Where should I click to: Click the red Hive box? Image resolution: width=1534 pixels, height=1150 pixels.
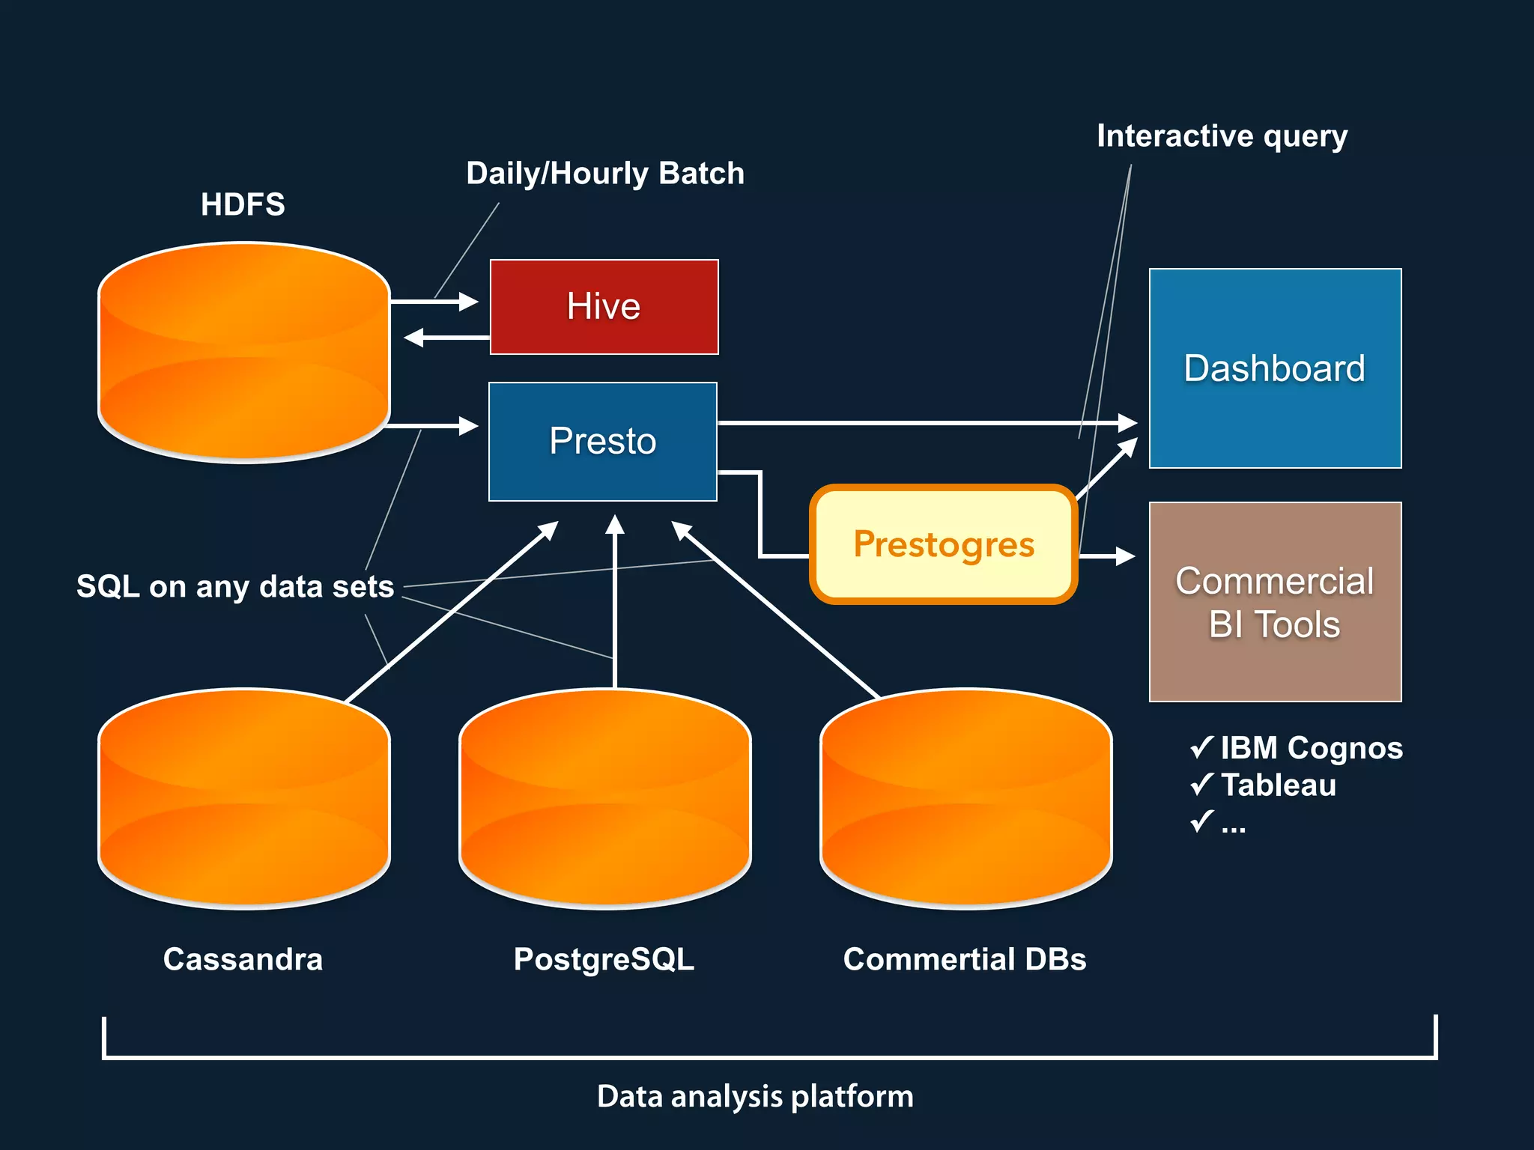[x=604, y=307]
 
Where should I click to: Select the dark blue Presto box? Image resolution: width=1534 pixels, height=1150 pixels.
[x=602, y=441]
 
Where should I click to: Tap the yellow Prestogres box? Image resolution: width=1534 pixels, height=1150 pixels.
[x=943, y=544]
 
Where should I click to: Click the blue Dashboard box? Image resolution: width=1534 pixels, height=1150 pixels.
[x=1275, y=368]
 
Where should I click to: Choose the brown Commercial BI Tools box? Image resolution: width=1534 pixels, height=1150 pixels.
[x=1275, y=602]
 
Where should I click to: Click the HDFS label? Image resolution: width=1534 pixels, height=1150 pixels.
[x=243, y=204]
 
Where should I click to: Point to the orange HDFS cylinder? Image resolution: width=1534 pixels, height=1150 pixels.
[x=244, y=352]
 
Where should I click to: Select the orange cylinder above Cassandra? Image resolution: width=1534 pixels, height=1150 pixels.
[x=244, y=798]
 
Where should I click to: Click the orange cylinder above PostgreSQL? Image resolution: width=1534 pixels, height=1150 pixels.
[x=605, y=798]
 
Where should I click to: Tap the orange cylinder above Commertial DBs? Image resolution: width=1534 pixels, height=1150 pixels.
[x=966, y=798]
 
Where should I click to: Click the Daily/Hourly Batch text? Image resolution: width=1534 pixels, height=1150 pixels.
[x=605, y=174]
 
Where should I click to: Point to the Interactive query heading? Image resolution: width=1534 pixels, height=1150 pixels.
[x=1222, y=136]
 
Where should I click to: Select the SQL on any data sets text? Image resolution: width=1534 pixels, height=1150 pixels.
[x=235, y=586]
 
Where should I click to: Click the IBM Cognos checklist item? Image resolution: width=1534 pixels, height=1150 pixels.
[x=1311, y=748]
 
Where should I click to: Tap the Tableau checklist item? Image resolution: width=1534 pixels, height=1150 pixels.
[x=1278, y=785]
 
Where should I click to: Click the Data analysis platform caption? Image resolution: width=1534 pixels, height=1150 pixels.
[x=755, y=1096]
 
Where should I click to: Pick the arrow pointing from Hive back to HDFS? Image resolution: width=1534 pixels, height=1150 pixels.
[x=446, y=338]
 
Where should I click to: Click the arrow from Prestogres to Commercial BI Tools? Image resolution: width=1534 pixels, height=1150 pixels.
[x=1107, y=556]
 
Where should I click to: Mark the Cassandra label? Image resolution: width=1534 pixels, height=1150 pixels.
[x=243, y=959]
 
